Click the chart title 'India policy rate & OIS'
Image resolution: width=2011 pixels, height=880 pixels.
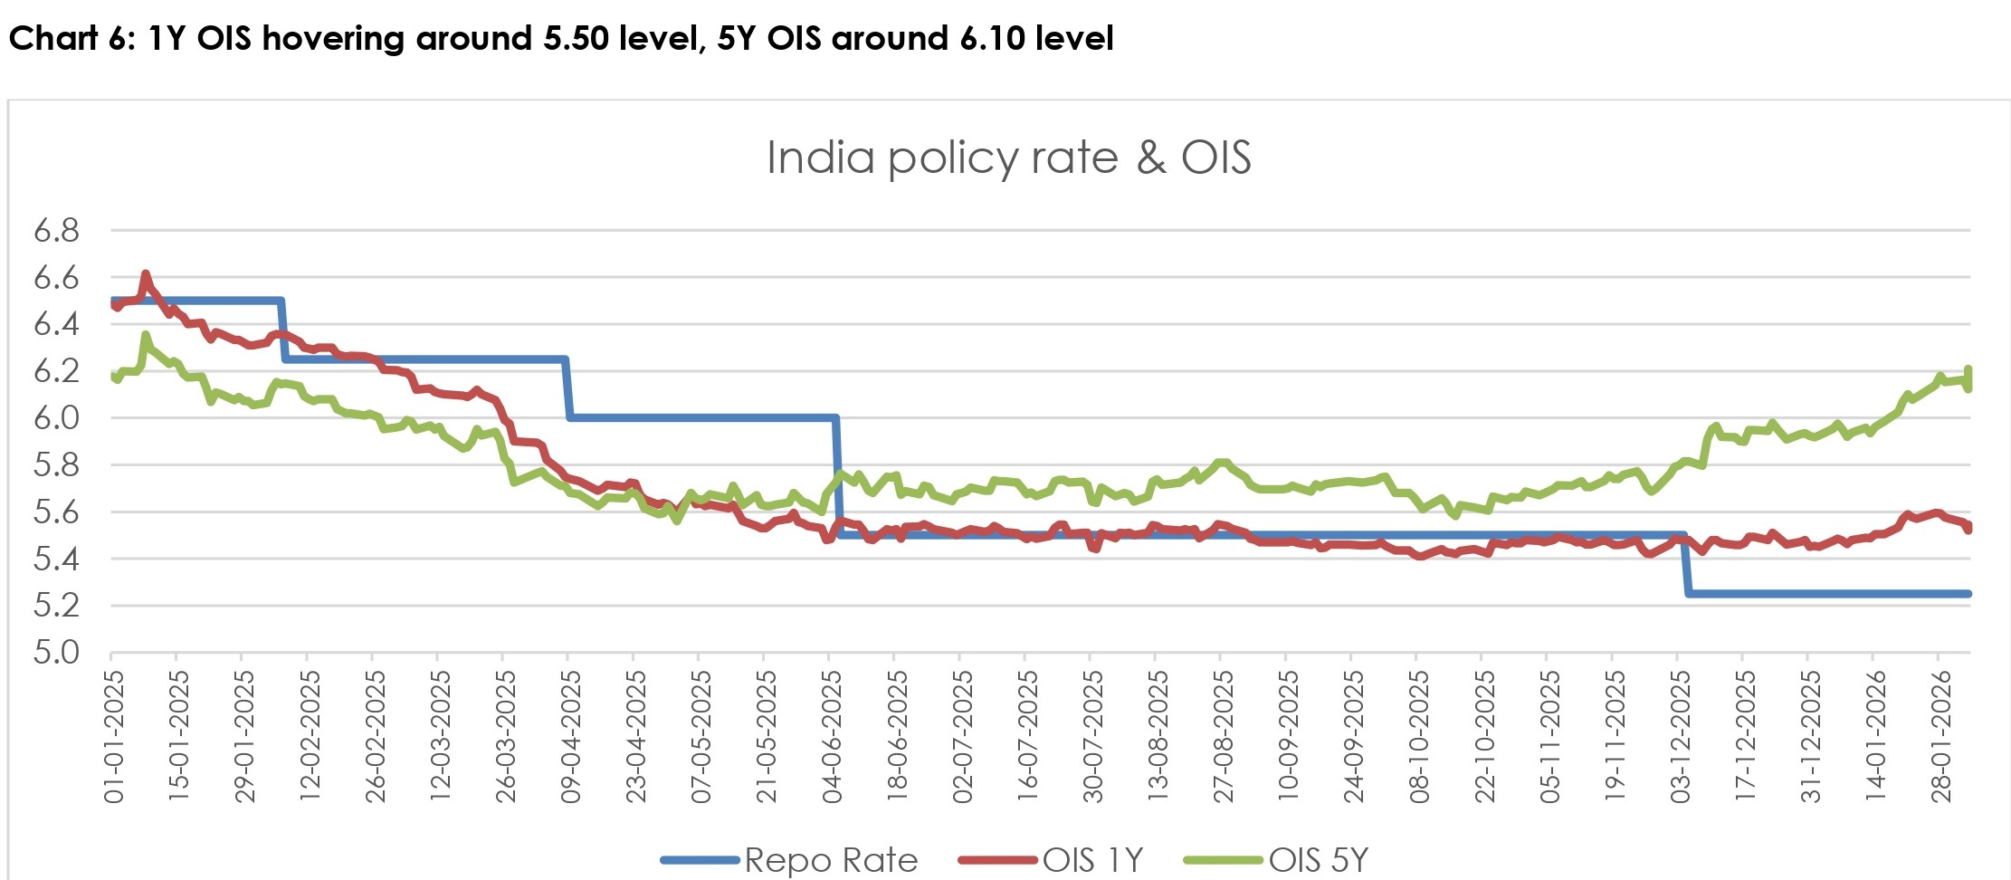[1008, 158]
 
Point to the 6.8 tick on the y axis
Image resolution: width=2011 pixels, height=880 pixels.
[56, 231]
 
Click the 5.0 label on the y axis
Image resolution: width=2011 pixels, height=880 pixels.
[56, 652]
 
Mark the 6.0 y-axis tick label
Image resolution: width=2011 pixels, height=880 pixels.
[56, 418]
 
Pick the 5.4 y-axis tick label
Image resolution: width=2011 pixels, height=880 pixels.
[56, 559]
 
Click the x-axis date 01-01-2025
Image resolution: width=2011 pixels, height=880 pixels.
[113, 736]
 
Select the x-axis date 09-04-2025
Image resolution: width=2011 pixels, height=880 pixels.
[570, 736]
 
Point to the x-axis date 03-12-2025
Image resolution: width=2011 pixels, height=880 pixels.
[1680, 736]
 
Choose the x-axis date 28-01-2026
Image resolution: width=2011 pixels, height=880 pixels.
[1940, 736]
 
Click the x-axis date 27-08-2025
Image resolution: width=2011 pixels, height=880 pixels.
[1223, 736]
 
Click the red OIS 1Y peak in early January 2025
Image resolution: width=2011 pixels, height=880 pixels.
[146, 274]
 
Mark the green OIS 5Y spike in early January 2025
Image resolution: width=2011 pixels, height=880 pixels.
[146, 336]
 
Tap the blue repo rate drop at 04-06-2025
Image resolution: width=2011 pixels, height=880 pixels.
[838, 475]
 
